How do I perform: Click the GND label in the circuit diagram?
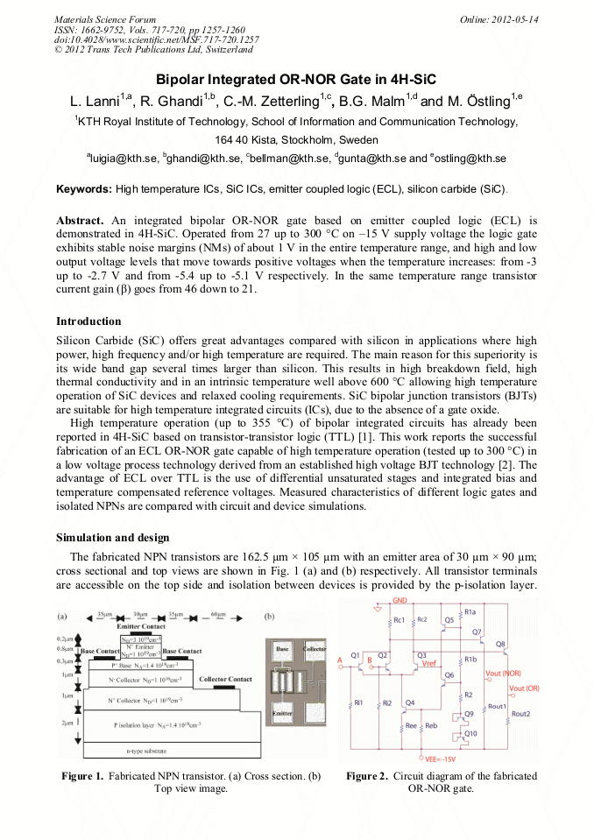coord(400,601)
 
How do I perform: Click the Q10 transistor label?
coord(470,733)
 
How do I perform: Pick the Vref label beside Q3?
coord(429,664)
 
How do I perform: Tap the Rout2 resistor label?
coord(520,714)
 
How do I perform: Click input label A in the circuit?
coord(339,660)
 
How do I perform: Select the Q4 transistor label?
coord(409,703)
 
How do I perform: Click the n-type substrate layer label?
coord(143,752)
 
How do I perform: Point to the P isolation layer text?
coord(158,724)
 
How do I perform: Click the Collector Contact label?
coord(226,679)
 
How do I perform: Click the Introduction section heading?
coord(88,321)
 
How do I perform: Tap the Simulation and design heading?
coord(112,537)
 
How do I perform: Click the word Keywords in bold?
coord(84,189)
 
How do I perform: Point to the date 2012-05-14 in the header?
coord(513,19)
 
